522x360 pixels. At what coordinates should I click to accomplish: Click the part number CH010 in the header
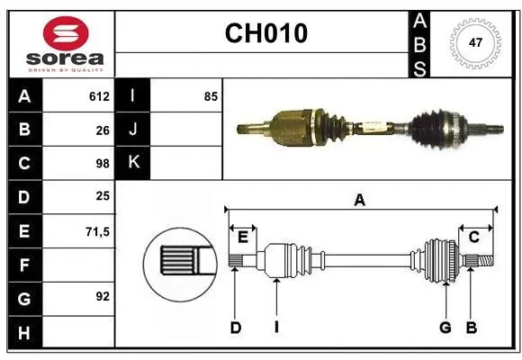266,33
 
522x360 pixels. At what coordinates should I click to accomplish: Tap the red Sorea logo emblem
66,33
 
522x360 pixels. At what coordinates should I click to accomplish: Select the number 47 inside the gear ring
475,42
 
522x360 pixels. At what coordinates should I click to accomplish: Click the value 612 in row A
99,96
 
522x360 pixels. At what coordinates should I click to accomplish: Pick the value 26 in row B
103,130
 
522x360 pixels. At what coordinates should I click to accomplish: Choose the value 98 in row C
103,164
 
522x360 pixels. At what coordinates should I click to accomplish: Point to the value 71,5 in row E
97,231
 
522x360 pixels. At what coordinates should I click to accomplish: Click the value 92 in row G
103,296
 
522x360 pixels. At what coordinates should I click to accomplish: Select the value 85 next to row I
211,96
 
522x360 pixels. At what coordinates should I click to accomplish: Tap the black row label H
25,332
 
